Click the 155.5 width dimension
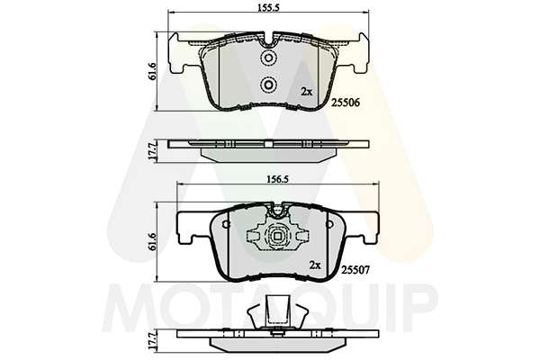coord(267,8)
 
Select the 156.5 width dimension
coord(277,179)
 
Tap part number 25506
coord(346,103)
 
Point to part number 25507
coord(355,270)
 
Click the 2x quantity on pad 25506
coord(307,92)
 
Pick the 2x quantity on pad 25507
coord(315,265)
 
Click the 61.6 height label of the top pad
coord(153,72)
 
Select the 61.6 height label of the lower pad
coord(153,241)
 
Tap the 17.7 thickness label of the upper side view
coord(153,150)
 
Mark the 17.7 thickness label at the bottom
coord(153,341)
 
